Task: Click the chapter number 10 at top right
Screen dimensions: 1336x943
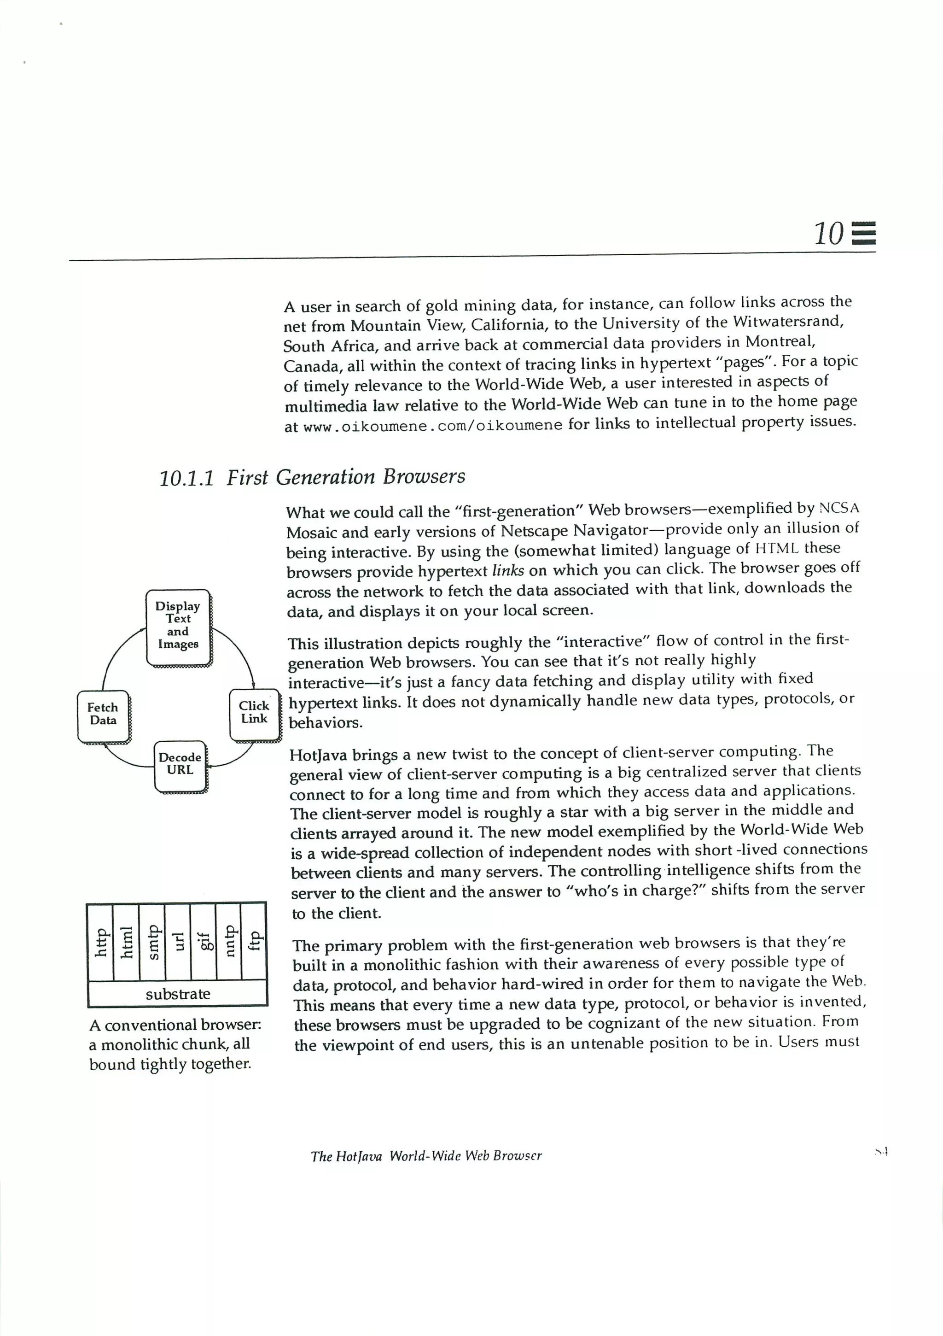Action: coord(828,234)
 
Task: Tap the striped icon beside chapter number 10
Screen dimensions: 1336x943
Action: coord(864,234)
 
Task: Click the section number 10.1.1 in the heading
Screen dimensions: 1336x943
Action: coord(186,478)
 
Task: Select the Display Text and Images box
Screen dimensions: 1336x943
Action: coord(178,626)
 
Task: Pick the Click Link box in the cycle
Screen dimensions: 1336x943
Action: coord(254,714)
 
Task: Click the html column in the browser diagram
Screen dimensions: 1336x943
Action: coord(126,942)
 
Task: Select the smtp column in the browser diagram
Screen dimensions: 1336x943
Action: coord(152,942)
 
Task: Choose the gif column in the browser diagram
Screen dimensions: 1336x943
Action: coord(204,942)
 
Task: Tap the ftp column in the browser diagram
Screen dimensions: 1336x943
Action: coord(254,942)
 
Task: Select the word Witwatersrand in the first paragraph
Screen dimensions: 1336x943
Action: coord(788,322)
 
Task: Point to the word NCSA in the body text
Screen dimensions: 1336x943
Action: coord(838,508)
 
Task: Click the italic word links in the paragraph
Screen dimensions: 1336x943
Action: coord(507,570)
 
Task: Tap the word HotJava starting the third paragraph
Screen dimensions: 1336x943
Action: coord(318,755)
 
